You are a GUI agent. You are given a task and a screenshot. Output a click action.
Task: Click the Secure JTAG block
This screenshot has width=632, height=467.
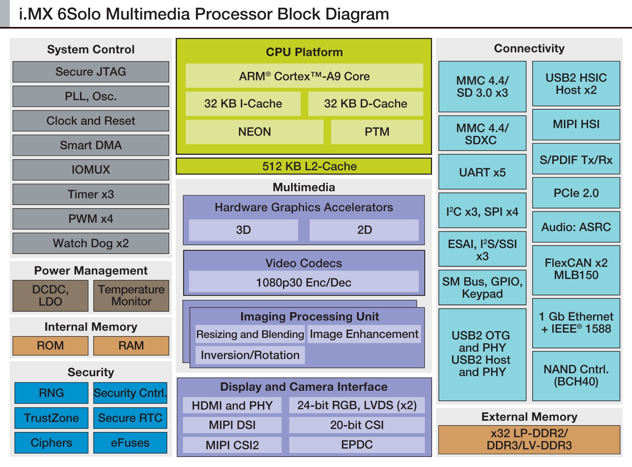point(91,72)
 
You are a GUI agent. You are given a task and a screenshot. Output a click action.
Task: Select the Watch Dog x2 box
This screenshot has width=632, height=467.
point(91,243)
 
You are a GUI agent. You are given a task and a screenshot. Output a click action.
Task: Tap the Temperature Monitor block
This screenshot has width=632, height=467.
point(131,295)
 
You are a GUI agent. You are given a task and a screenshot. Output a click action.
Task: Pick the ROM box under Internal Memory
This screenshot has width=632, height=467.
point(50,346)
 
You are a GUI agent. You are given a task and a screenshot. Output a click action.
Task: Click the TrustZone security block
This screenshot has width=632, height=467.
point(51,418)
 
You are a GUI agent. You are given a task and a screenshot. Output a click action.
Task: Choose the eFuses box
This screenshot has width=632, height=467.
point(130,443)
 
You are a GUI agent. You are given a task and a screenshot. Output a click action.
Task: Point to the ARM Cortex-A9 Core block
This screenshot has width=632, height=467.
point(304,76)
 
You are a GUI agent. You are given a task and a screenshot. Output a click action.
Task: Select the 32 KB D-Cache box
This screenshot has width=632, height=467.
point(365,104)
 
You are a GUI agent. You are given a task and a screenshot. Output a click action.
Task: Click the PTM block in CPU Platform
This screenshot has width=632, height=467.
point(377,132)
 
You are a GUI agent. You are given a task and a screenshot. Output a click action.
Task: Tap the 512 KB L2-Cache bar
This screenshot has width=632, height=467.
point(304,166)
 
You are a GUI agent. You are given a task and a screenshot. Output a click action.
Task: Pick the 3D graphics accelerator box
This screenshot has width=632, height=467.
point(243,230)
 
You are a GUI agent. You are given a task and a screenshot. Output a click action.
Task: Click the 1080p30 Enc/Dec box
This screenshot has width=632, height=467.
point(304,282)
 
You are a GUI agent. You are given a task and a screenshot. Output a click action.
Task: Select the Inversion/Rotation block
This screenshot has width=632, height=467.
point(250,355)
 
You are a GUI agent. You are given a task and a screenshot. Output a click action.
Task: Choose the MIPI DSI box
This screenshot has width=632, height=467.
point(232,425)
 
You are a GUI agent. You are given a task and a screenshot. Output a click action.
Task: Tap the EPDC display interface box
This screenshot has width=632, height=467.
point(357,445)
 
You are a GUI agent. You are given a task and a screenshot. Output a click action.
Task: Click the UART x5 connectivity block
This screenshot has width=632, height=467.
point(482,172)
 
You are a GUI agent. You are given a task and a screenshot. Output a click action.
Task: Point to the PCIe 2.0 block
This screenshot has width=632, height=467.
point(576,193)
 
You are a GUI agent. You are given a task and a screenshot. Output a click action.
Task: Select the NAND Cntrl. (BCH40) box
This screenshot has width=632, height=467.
point(576,376)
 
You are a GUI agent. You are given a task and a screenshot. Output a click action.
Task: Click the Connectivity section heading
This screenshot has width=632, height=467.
point(529,48)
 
